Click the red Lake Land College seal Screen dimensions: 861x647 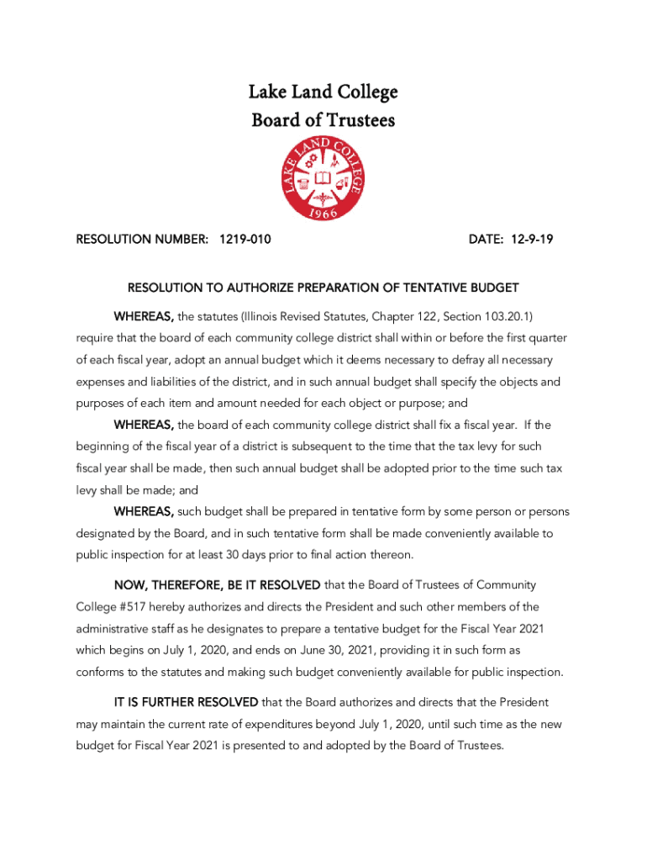pos(323,179)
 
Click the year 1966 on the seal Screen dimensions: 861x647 pos(323,213)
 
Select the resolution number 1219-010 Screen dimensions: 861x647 pos(245,240)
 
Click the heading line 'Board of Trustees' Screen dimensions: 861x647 pos(323,121)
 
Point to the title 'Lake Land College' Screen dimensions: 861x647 pos(323,92)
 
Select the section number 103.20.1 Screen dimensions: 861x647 pos(502,316)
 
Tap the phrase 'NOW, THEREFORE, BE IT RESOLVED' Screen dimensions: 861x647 pos(217,585)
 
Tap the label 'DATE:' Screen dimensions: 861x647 pos(486,240)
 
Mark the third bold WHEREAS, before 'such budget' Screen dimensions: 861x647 pos(145,512)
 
